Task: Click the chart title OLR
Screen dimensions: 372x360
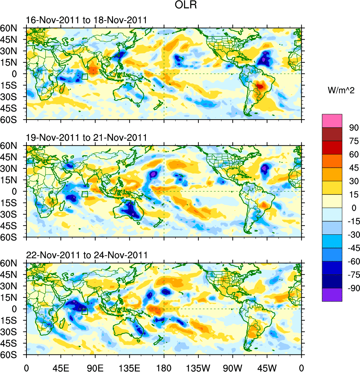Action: click(187, 6)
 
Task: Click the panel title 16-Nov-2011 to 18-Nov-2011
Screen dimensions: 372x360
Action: click(86, 20)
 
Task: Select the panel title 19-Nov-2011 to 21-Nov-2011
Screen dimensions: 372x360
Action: click(86, 138)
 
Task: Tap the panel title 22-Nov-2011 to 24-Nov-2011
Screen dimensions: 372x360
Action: click(86, 255)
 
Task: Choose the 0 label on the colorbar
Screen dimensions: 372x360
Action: click(354, 208)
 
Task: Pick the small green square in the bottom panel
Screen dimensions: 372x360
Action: click(85, 311)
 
